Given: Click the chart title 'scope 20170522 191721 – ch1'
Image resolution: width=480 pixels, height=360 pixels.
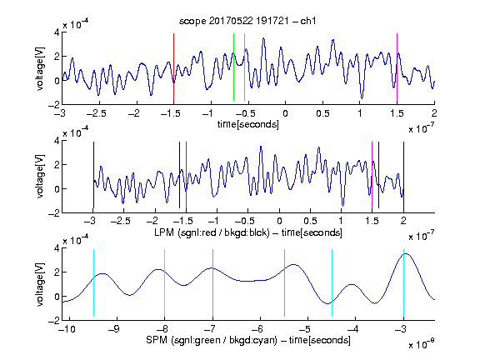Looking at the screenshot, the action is pos(247,21).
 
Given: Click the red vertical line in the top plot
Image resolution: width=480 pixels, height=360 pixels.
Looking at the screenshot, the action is pos(173,67).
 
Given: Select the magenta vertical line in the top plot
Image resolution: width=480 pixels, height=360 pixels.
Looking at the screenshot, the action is pos(397,67).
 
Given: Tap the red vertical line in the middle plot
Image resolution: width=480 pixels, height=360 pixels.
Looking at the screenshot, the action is pos(186,175).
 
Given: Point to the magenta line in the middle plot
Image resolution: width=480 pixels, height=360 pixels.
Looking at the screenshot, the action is pos(372,175).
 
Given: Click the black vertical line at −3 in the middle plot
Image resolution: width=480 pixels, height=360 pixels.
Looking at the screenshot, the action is pos(93,175).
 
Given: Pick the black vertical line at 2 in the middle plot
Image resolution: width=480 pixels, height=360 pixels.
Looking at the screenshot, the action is pos(403,175).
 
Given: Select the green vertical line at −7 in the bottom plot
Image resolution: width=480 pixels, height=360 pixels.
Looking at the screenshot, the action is pos(212,282).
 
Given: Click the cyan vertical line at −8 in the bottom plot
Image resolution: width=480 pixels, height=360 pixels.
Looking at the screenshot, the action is pos(164,282).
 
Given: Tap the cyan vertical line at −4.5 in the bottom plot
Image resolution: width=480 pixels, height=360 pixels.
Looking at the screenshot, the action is pos(332,282).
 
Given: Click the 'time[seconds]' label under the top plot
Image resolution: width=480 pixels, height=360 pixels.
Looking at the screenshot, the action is pos(248,124).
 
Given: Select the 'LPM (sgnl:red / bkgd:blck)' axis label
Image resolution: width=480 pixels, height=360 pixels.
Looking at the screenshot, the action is pos(212,232).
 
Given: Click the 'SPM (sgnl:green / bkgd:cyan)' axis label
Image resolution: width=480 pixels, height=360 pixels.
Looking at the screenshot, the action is pos(212,340).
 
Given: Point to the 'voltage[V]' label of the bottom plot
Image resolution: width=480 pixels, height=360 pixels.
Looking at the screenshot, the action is pos(40,284).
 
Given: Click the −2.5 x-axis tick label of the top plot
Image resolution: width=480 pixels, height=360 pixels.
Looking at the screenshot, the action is pos(97,113).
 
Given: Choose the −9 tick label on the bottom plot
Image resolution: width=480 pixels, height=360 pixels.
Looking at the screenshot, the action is pos(114,329).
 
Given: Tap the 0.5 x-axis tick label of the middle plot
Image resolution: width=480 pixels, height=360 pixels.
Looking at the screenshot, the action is pos(310,221).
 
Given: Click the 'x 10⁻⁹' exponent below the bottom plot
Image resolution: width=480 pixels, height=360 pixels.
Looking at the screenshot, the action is pos(421,345).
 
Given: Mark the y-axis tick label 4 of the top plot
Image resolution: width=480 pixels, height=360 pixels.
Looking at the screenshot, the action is pos(57,32).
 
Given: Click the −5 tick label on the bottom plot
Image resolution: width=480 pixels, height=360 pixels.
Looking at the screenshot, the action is pos(307,329).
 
